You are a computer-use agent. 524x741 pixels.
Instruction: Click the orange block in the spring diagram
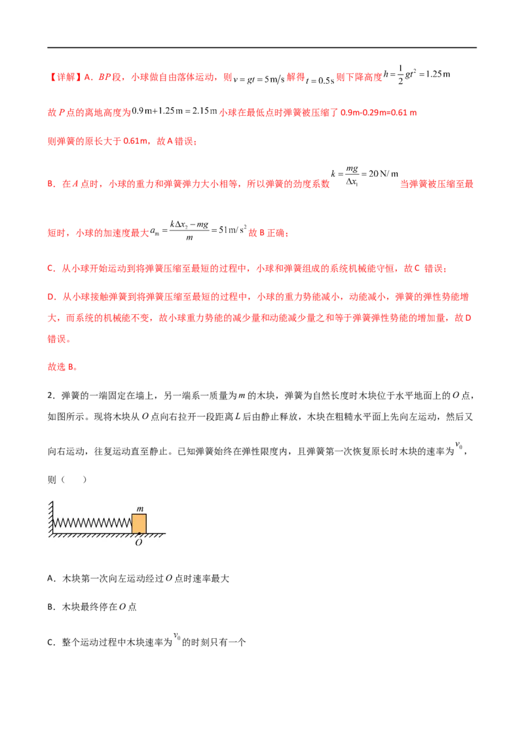click(x=139, y=523)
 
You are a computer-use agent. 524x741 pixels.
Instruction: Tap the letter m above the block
click(x=139, y=509)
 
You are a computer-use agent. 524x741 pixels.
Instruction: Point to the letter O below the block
click(x=139, y=543)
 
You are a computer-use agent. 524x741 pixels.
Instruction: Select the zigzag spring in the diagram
click(x=92, y=524)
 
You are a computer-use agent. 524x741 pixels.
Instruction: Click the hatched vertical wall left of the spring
click(x=48, y=516)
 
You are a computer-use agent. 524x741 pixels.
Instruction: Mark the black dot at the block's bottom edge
click(x=139, y=533)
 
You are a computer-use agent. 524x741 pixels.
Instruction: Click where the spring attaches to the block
click(x=132, y=524)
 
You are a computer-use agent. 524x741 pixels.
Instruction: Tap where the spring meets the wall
click(x=52, y=524)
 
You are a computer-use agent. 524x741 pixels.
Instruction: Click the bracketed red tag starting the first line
click(x=64, y=77)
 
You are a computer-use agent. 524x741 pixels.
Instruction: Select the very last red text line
click(x=64, y=368)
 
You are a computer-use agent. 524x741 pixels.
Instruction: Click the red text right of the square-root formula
click(x=436, y=185)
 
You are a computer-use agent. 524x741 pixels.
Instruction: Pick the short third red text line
click(x=122, y=141)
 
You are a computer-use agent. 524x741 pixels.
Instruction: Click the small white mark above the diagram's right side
click(x=460, y=445)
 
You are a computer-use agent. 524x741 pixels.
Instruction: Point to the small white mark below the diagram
click(x=176, y=635)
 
